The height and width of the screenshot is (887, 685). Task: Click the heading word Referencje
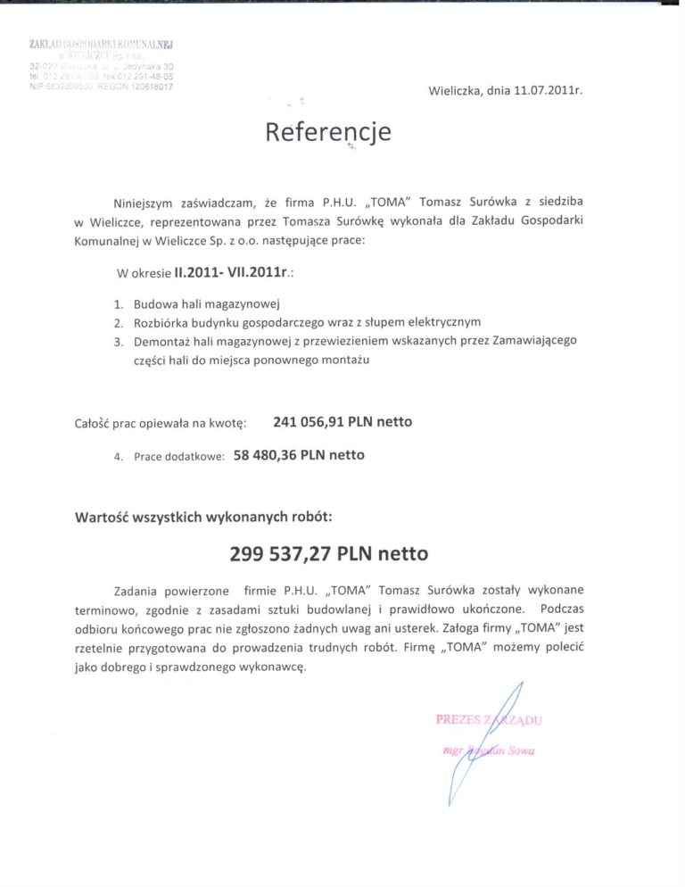(328, 132)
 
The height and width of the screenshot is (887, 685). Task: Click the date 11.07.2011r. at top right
(533, 90)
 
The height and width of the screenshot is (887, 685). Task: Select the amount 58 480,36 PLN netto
(299, 455)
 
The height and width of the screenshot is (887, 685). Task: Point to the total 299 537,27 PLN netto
(328, 553)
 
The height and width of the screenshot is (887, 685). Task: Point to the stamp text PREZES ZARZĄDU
(488, 718)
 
